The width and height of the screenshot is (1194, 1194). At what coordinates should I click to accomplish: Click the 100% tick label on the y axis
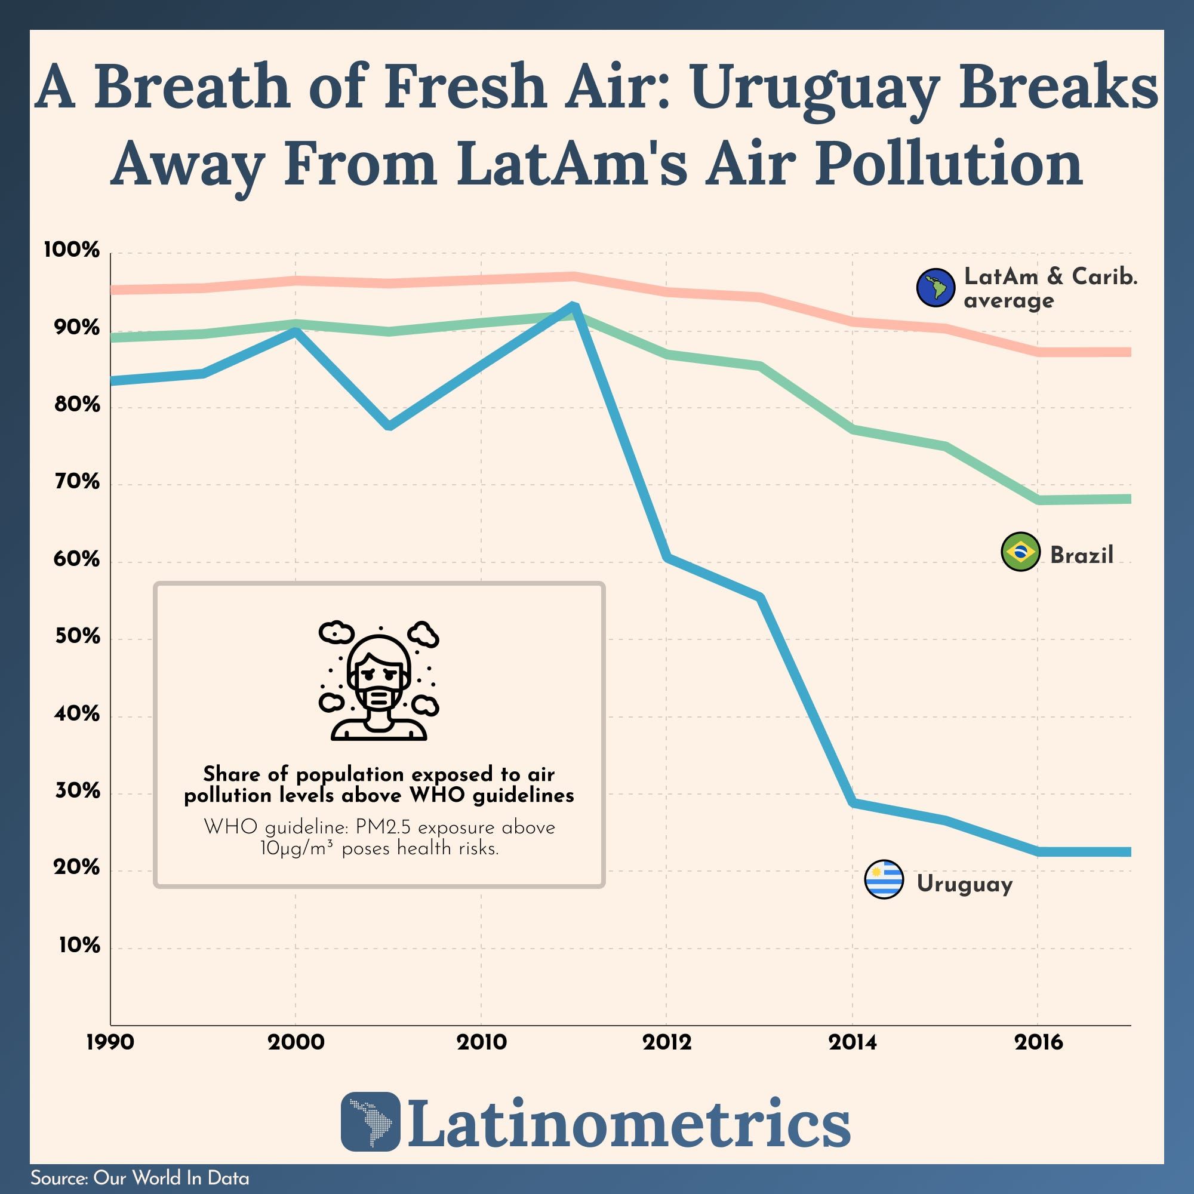[72, 250]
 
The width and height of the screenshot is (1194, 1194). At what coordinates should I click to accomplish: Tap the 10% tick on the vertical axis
[79, 945]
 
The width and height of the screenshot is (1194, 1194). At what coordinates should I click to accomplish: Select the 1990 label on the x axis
[110, 1042]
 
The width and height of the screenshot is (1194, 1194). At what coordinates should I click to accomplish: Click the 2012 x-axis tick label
[667, 1042]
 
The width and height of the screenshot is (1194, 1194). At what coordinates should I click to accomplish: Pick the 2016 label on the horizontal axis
[1038, 1042]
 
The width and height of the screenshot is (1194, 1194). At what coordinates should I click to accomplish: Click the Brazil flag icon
[1020, 551]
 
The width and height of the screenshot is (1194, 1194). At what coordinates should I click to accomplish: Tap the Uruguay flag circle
[884, 879]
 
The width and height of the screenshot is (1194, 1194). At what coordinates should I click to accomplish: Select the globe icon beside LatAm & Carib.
[935, 287]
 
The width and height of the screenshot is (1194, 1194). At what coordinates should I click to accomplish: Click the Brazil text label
[1082, 555]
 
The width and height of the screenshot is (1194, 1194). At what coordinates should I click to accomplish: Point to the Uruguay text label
[964, 884]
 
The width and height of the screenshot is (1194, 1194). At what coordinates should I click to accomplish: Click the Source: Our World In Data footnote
[140, 1178]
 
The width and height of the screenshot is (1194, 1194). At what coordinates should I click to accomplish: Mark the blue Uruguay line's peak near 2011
[574, 306]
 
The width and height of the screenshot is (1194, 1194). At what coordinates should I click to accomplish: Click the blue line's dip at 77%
[389, 426]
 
